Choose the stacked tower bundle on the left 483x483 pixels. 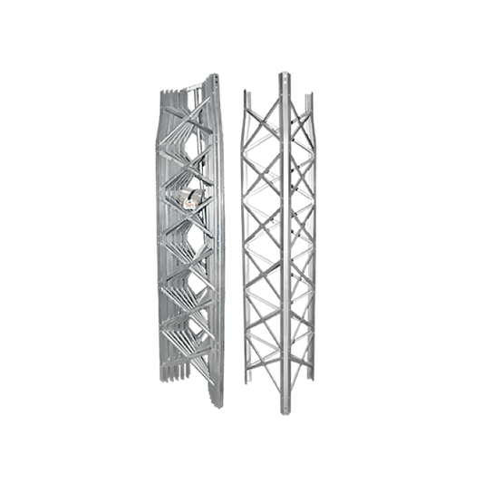(x=188, y=245)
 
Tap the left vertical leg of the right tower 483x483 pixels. (x=247, y=245)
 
